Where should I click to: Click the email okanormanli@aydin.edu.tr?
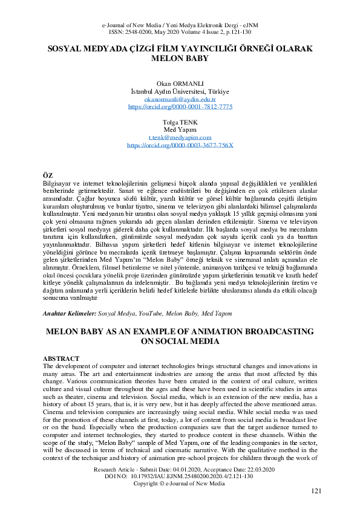click(x=180, y=99)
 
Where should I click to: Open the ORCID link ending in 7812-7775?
click(x=180, y=106)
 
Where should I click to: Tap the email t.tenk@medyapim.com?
click(x=180, y=138)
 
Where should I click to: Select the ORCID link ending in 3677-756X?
click(x=180, y=146)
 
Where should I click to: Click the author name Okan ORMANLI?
click(x=180, y=83)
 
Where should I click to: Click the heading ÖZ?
click(x=50, y=175)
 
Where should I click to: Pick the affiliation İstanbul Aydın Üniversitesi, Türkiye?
click(x=180, y=91)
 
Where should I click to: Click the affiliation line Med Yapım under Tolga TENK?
click(x=180, y=130)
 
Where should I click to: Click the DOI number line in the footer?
click(x=180, y=476)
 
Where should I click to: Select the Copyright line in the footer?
click(x=180, y=484)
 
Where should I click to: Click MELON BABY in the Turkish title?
click(x=180, y=60)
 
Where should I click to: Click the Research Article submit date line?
click(x=180, y=469)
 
